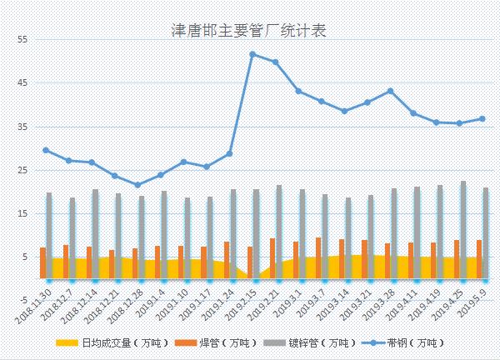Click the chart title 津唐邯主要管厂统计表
247,30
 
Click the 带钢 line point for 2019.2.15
252,54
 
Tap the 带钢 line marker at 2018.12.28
138,185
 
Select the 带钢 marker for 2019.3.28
391,91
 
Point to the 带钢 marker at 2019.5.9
482,118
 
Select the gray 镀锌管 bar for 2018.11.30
49,235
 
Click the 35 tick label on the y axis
22,127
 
